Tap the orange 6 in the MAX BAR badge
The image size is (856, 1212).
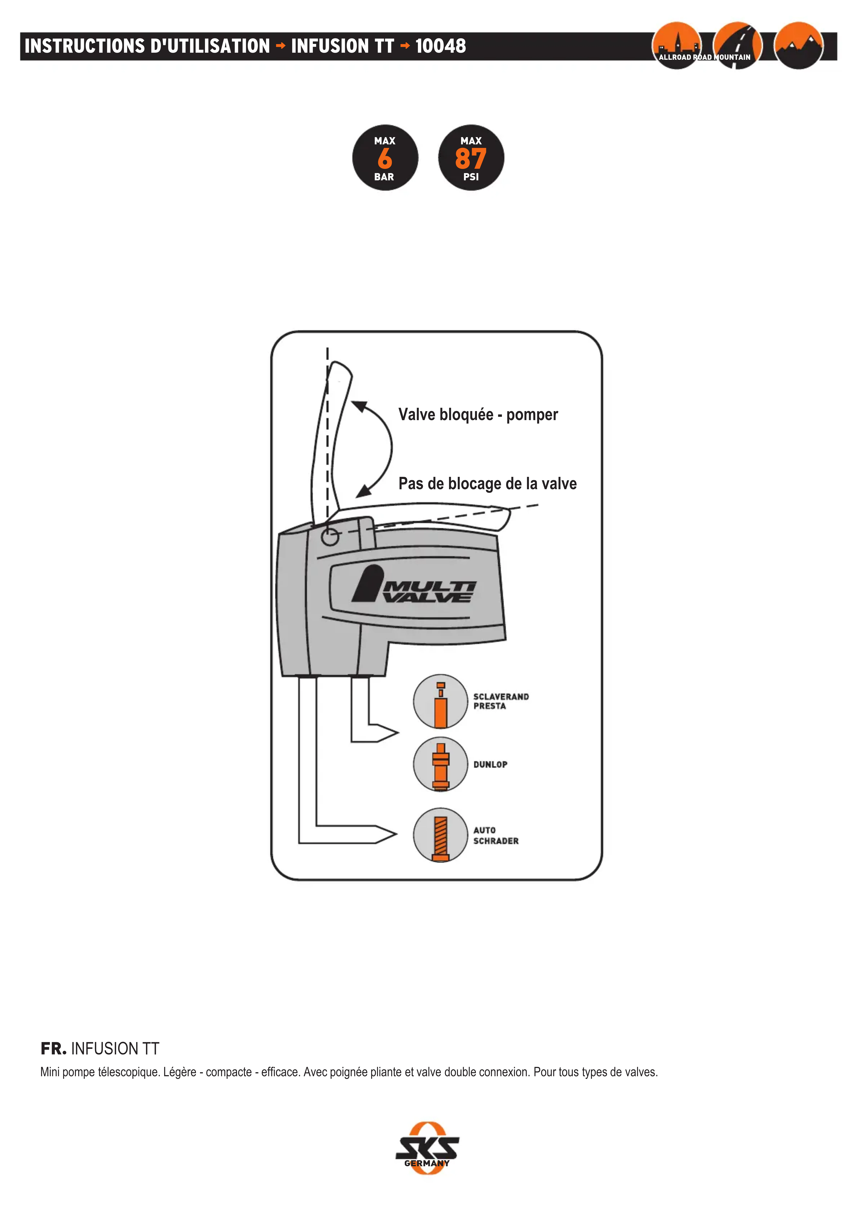[x=385, y=158]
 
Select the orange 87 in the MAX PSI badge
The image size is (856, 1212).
[x=471, y=158]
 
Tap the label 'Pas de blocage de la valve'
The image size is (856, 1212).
[x=487, y=483]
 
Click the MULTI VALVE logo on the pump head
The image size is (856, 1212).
[x=414, y=586]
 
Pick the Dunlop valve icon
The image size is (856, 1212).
[x=440, y=764]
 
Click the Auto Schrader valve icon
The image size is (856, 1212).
[x=440, y=835]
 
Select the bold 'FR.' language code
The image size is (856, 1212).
[x=53, y=1048]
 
